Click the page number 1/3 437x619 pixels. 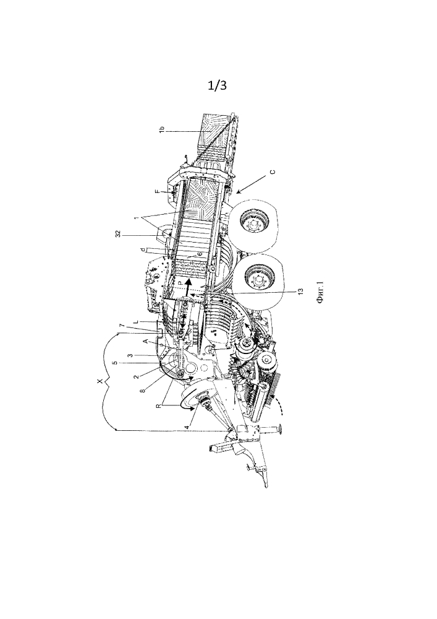point(217,85)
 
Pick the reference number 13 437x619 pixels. point(300,292)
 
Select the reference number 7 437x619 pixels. point(122,326)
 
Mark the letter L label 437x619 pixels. point(135,322)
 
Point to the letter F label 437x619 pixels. point(157,192)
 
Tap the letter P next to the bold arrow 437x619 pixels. point(179,283)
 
